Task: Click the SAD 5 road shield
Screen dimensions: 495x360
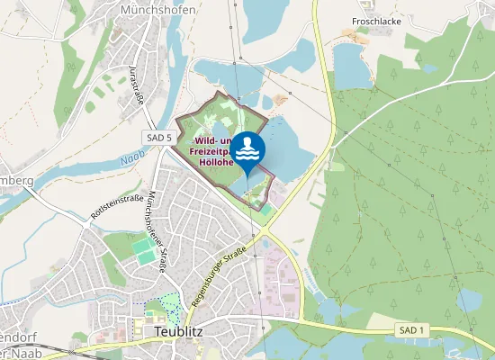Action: tap(156, 137)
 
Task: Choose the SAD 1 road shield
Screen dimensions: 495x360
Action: tap(408, 332)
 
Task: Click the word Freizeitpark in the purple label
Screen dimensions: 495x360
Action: tap(211, 152)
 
